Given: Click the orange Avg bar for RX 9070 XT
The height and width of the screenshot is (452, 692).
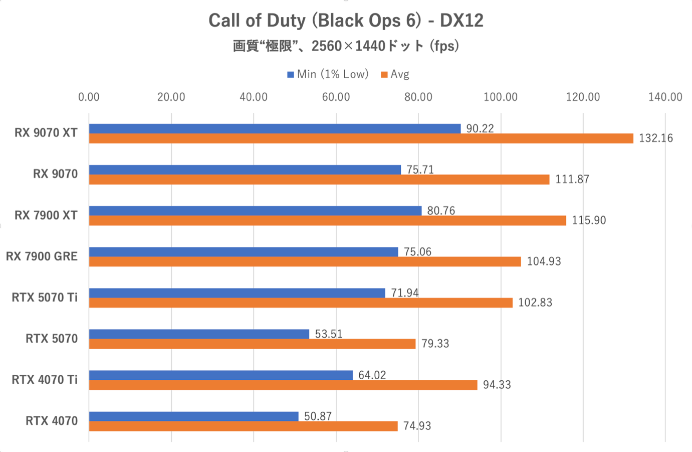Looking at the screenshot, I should pyautogui.click(x=361, y=138).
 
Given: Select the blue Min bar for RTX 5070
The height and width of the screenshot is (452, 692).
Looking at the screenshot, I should pyautogui.click(x=199, y=334).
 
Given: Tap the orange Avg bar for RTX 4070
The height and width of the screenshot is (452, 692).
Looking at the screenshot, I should pyautogui.click(x=243, y=426).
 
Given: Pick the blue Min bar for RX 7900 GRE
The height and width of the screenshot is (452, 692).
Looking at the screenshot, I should pyautogui.click(x=244, y=252).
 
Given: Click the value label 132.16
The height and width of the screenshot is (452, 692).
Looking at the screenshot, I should pyautogui.click(x=656, y=138).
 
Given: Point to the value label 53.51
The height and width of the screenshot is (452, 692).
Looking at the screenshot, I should pyautogui.click(x=329, y=334).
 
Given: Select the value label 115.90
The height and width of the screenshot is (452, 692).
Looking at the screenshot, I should pyautogui.click(x=589, y=221).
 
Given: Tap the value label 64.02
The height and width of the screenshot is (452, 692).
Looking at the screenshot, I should pyautogui.click(x=372, y=375).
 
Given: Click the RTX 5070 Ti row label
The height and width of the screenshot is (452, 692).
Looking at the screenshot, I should pyautogui.click(x=45, y=298).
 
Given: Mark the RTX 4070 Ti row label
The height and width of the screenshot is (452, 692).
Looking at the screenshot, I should pyautogui.click(x=45, y=380).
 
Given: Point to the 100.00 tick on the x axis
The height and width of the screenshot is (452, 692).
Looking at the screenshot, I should pyautogui.click(x=501, y=97).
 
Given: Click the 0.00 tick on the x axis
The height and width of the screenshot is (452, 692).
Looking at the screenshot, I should pyautogui.click(x=89, y=97).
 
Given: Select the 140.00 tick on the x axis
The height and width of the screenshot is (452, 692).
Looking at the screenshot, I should pyautogui.click(x=665, y=97).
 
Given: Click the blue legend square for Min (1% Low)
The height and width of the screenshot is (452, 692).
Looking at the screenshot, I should pyautogui.click(x=290, y=75).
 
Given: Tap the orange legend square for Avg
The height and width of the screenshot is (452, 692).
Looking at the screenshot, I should pyautogui.click(x=384, y=75).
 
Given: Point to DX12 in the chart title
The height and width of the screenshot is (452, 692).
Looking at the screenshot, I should pyautogui.click(x=462, y=21).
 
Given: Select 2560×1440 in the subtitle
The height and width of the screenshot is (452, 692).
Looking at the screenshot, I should pyautogui.click(x=348, y=46).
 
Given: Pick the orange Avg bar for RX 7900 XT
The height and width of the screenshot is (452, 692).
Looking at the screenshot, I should pyautogui.click(x=327, y=221).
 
